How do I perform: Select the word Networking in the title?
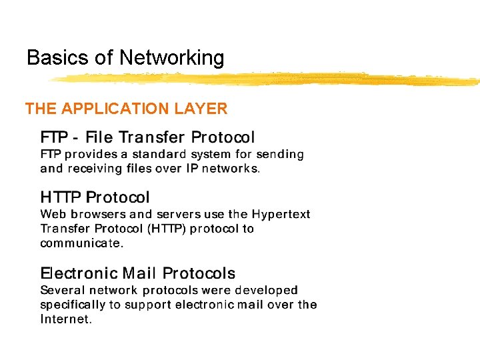click(172, 59)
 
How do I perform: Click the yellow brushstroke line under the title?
click(267, 79)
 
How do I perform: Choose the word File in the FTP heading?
click(99, 138)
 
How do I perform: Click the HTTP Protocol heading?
click(95, 197)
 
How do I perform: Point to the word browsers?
click(97, 215)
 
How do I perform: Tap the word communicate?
click(81, 244)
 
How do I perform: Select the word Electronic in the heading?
click(76, 273)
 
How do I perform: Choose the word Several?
click(62, 291)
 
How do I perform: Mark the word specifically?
click(73, 305)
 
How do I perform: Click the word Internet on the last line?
click(65, 320)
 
